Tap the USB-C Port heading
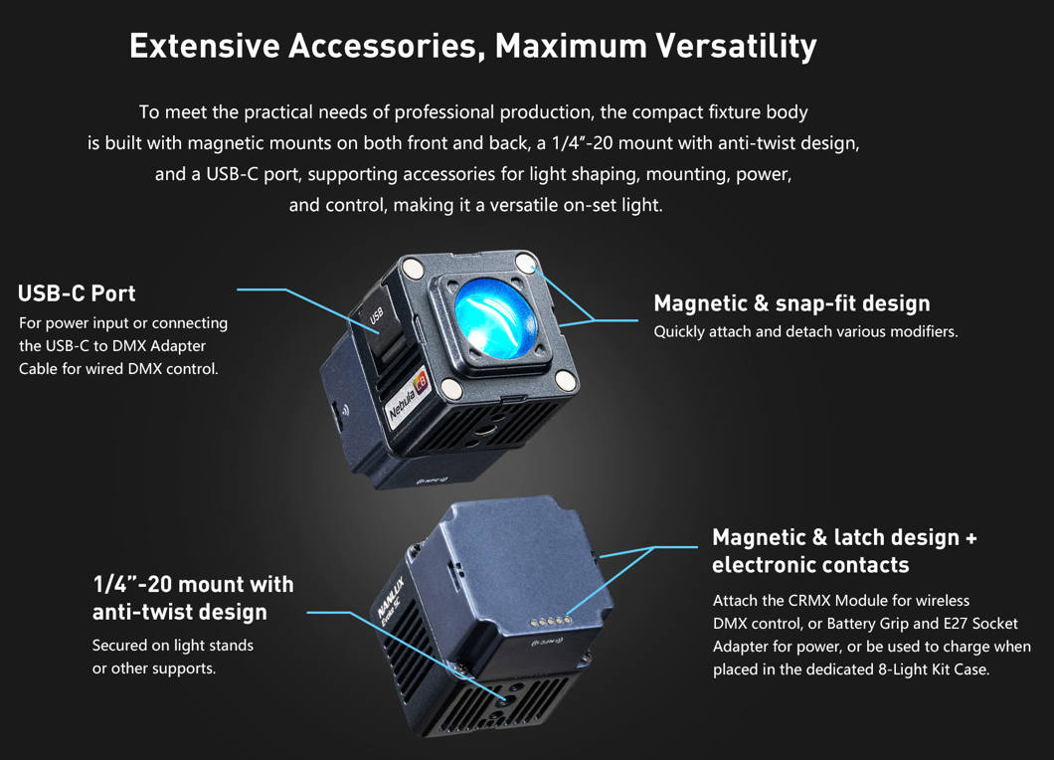pyautogui.click(x=77, y=293)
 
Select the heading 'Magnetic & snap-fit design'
pyautogui.click(x=791, y=303)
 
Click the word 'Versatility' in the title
pyautogui.click(x=736, y=46)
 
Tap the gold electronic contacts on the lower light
pyautogui.click(x=551, y=622)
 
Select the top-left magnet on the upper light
pyautogui.click(x=412, y=269)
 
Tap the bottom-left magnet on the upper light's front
pyautogui.click(x=451, y=388)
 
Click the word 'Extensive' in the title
pyautogui.click(x=205, y=46)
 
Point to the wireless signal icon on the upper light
pyautogui.click(x=345, y=410)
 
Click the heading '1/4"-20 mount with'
pyautogui.click(x=193, y=584)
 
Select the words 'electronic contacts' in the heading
pyautogui.click(x=810, y=565)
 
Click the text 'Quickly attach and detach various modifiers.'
pyautogui.click(x=806, y=331)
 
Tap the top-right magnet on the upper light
pyautogui.click(x=525, y=262)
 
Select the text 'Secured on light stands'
pyautogui.click(x=173, y=646)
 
